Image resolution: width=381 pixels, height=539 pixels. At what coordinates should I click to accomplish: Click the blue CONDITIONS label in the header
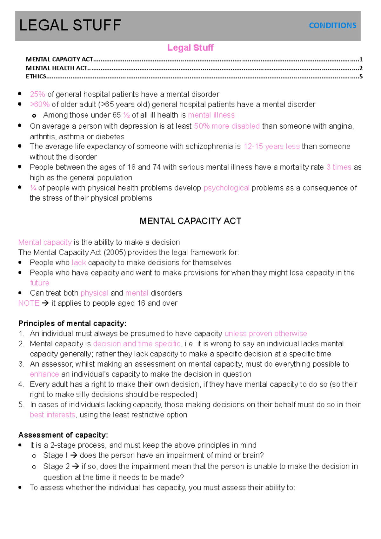(332, 25)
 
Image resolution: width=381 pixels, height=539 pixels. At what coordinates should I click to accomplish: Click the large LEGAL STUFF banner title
(70, 25)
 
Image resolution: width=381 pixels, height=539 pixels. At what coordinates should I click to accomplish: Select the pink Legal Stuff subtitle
(190, 48)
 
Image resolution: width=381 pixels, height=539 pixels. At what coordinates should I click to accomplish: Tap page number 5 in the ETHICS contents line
(361, 76)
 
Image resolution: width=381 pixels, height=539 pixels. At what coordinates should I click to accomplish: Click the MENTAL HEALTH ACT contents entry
(57, 68)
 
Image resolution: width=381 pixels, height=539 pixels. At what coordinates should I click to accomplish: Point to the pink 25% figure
(37, 94)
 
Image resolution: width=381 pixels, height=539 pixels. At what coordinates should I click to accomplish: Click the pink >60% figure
(40, 104)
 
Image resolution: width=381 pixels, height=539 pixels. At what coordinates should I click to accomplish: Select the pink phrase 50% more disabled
(227, 126)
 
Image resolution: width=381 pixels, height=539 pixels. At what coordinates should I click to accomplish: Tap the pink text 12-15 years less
(271, 146)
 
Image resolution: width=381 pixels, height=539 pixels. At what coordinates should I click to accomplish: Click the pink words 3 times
(339, 167)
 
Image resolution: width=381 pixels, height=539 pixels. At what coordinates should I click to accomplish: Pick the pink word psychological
(226, 188)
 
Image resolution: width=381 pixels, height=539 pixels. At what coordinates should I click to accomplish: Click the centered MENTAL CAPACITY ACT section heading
(190, 221)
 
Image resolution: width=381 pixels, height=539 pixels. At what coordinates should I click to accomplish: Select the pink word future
(39, 283)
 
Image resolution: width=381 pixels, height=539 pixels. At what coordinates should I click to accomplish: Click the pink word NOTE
(29, 303)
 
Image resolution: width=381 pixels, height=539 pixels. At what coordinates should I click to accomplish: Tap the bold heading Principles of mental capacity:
(72, 323)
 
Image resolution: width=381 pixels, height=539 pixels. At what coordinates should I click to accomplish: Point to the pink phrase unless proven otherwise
(266, 334)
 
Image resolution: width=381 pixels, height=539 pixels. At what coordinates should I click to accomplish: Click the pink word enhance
(44, 374)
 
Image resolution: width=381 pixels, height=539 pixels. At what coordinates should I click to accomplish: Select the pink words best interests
(52, 415)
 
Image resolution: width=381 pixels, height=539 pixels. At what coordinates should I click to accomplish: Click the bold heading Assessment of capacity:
(63, 435)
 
